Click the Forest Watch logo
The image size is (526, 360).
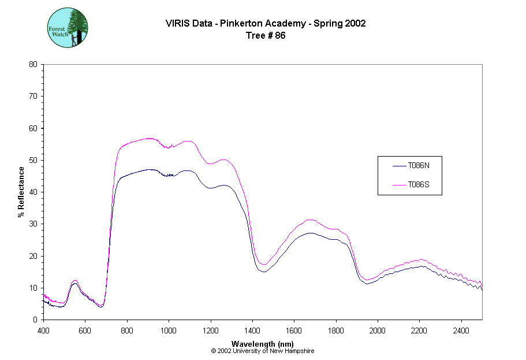(68, 27)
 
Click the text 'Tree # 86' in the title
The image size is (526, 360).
(266, 35)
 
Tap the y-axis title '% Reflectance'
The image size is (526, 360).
(21, 192)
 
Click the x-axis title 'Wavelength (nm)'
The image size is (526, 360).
(263, 344)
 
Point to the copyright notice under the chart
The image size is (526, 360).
(263, 351)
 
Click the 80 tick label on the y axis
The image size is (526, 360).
(33, 64)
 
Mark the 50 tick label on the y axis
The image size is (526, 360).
(33, 160)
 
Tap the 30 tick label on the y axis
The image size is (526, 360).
(33, 224)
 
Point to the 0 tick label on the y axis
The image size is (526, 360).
(36, 320)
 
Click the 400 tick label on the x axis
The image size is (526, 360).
(43, 331)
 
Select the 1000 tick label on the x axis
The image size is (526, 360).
(169, 331)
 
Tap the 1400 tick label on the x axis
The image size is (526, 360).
(252, 331)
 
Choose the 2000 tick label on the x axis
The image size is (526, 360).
(378, 331)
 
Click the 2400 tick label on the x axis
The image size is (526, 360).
(461, 331)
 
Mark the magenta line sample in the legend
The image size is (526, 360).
(399, 185)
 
